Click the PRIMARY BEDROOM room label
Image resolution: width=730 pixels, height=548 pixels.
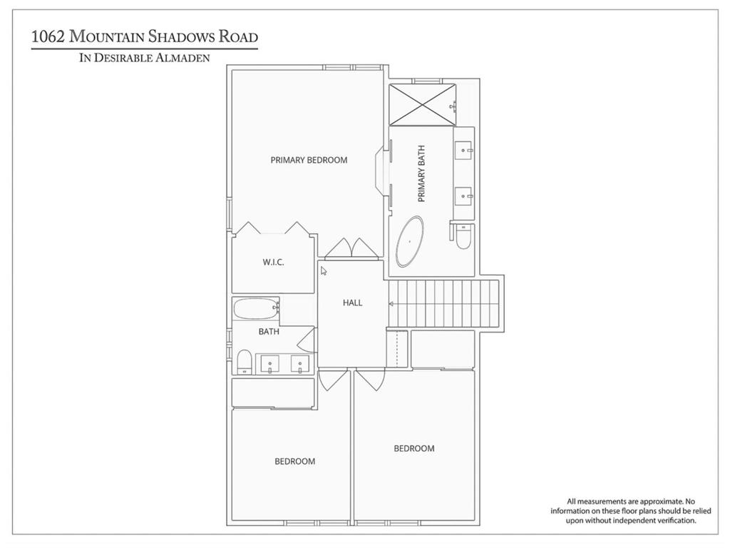pos(309,160)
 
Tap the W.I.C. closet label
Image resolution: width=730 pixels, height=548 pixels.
pos(273,262)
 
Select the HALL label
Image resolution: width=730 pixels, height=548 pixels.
pos(352,303)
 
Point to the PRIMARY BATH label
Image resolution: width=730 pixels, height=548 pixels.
pos(422,174)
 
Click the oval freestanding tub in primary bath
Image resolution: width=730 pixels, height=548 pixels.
pos(410,241)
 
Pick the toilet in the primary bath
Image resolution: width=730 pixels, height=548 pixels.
pos(463,236)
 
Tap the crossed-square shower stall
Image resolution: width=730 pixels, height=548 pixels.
pos(422,104)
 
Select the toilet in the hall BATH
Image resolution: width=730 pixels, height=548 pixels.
pos(245,362)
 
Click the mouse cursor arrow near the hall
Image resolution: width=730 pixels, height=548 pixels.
pos(324,270)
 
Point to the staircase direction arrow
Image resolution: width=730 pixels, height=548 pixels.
pos(391,304)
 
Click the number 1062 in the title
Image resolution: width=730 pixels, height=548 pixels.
pos(48,36)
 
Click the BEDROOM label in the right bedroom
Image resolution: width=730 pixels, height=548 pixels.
pos(414,448)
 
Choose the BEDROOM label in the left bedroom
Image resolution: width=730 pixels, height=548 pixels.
pos(294,462)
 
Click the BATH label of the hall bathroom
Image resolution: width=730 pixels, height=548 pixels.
pos(269,331)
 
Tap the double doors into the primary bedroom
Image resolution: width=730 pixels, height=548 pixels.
pos(352,248)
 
